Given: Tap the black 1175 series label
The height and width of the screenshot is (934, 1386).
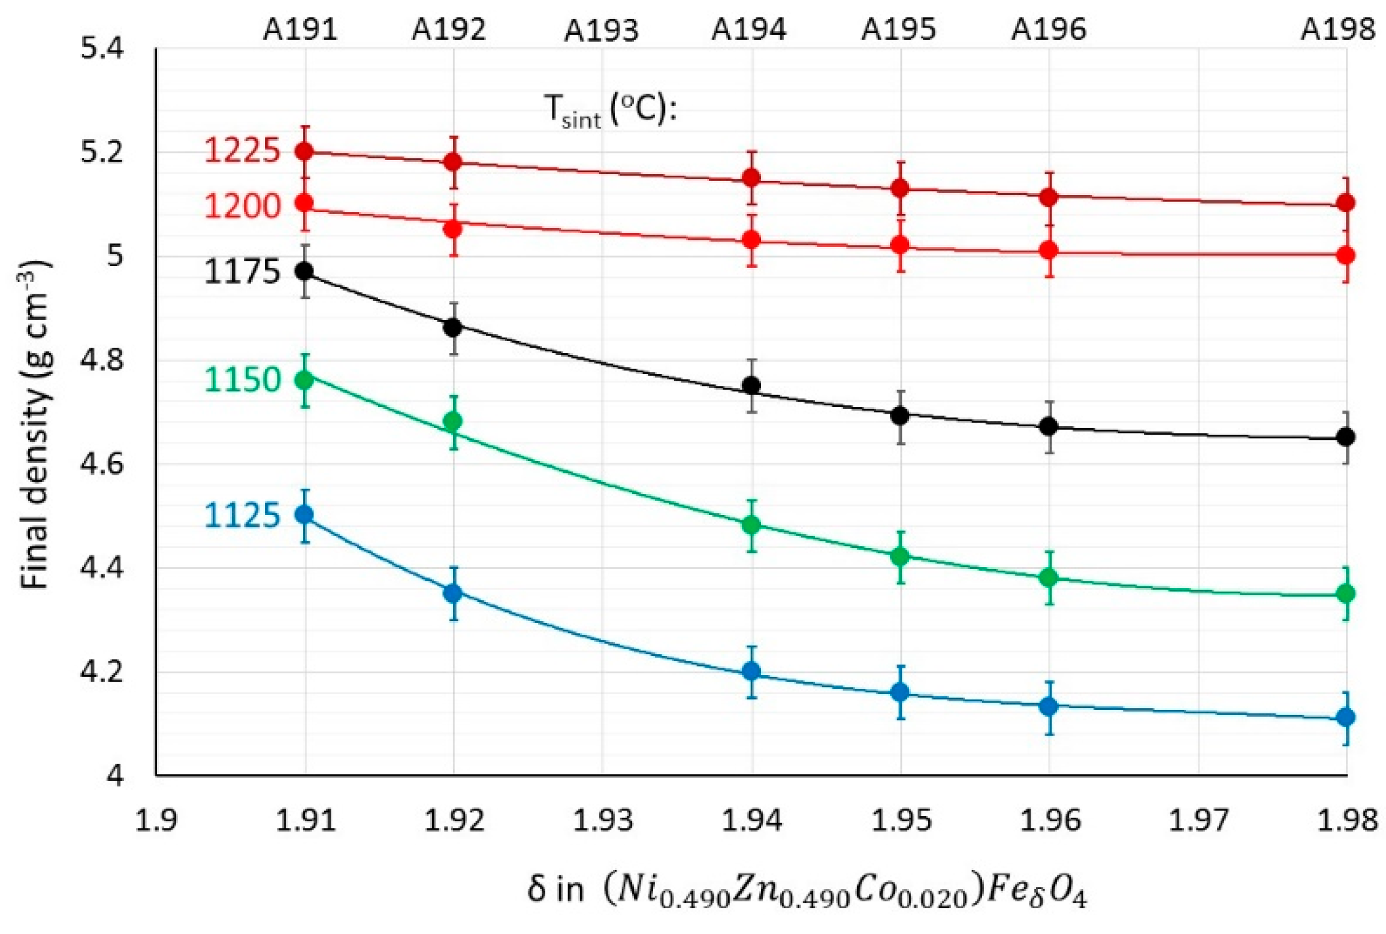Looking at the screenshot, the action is click(x=242, y=272).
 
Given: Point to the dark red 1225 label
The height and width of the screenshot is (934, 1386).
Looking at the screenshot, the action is click(x=242, y=150).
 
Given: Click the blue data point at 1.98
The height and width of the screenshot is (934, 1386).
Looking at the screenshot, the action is click(x=1346, y=717).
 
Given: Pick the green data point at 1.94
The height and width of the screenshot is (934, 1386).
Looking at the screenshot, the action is click(x=751, y=525).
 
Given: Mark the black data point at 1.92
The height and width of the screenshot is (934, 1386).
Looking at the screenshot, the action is click(x=454, y=327).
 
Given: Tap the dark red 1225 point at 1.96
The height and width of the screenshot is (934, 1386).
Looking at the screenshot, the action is click(x=1049, y=197).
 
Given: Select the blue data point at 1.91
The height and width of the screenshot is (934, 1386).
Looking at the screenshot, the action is click(x=305, y=515).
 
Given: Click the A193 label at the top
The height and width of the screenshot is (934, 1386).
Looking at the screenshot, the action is click(x=601, y=31).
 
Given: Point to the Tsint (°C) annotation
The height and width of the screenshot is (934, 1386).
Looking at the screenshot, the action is click(x=611, y=112).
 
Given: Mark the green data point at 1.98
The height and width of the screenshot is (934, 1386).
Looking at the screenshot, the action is click(x=1346, y=593).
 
